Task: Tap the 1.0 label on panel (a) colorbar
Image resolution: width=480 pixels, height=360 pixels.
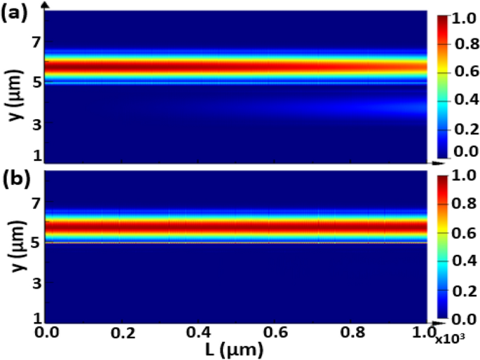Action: pos(463,20)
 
